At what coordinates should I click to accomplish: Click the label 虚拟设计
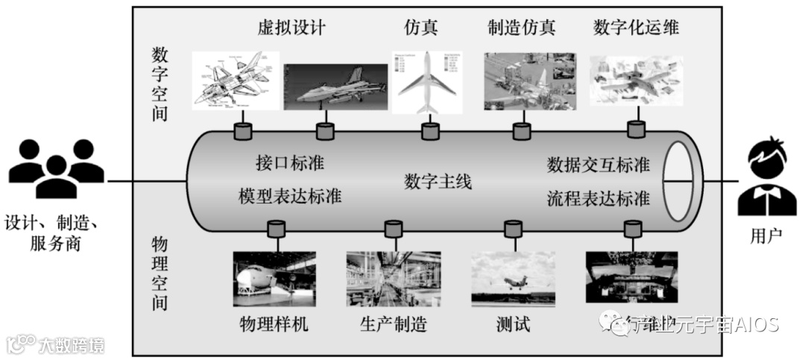click(x=290, y=28)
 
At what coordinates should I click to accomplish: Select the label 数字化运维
click(x=636, y=28)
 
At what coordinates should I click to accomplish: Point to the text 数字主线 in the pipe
click(x=438, y=181)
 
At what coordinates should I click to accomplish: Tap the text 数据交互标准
click(x=598, y=163)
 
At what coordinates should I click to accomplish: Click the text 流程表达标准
click(x=598, y=198)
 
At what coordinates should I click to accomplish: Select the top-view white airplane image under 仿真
click(x=427, y=83)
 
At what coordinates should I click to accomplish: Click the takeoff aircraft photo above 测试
click(x=513, y=278)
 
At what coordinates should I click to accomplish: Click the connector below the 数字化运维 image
click(x=636, y=130)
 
